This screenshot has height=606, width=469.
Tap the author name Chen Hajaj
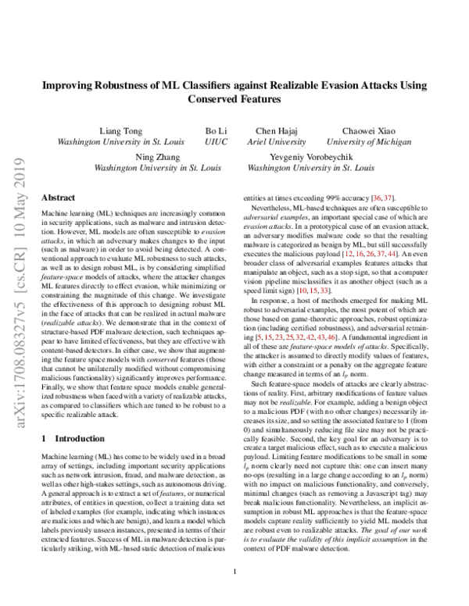[280, 130]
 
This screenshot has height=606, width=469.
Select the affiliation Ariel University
[280, 141]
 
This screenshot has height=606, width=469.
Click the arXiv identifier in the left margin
[17, 258]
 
